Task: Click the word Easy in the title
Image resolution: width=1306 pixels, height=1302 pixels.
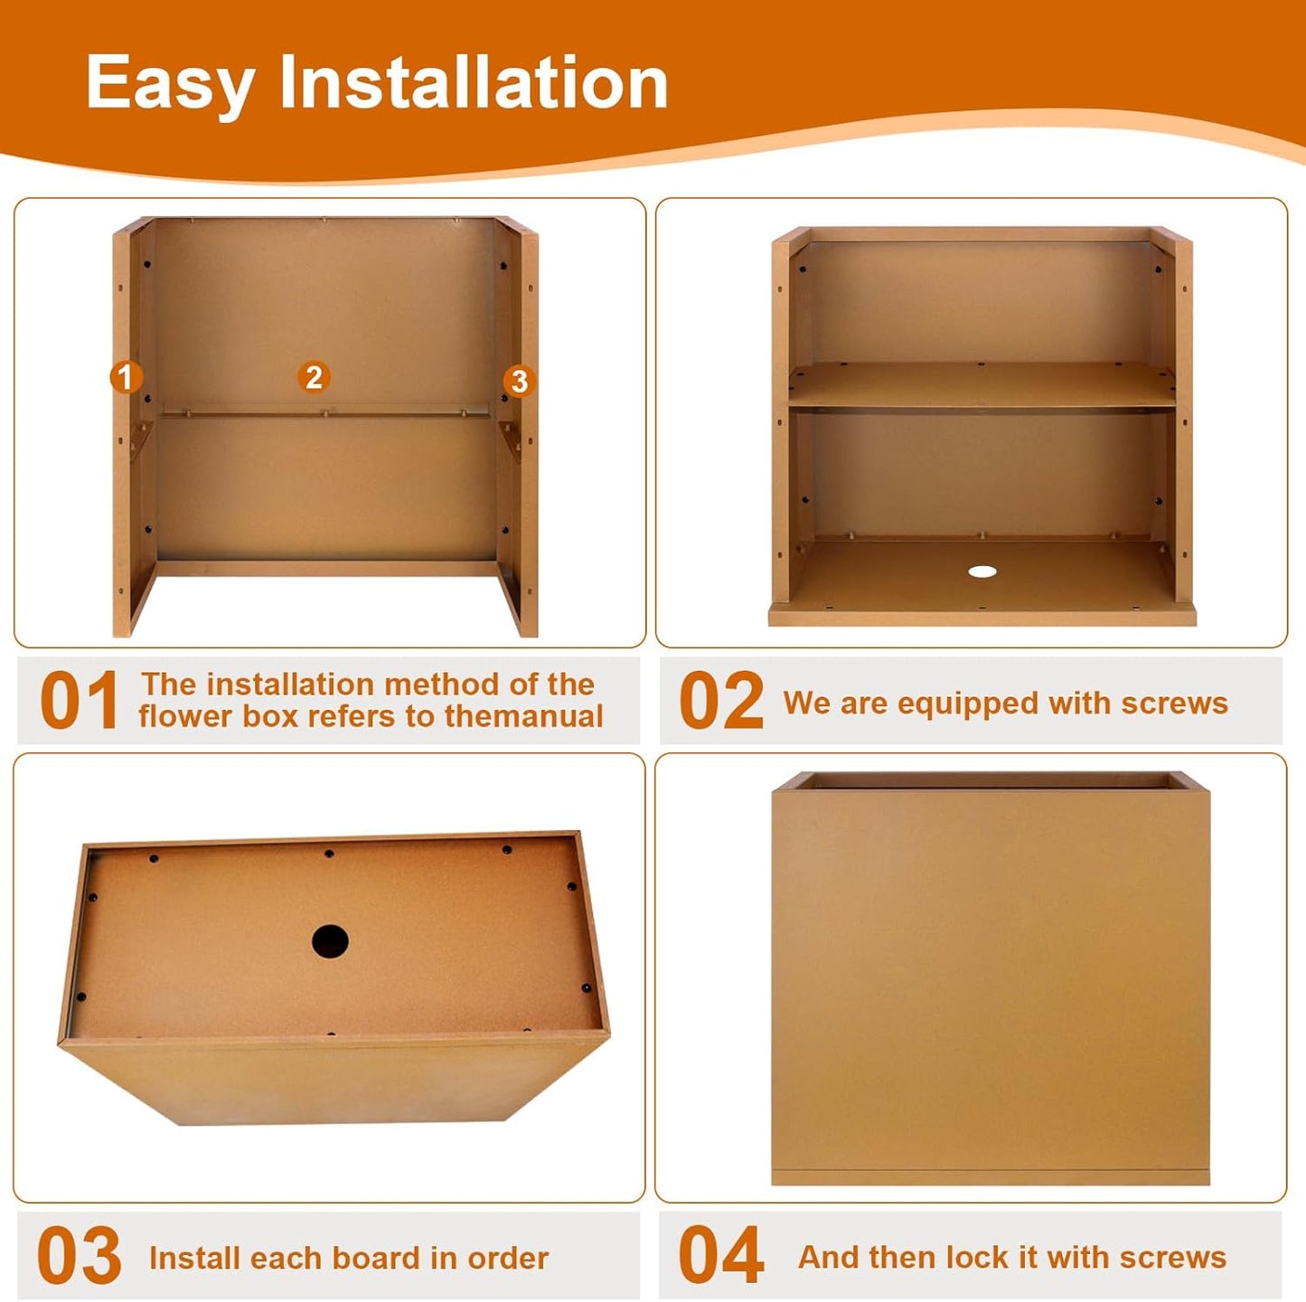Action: [171, 83]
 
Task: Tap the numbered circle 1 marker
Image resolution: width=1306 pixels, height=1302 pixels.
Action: [126, 376]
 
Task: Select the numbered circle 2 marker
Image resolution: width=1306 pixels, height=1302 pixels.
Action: [314, 377]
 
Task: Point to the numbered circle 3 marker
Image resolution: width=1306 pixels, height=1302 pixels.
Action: [520, 381]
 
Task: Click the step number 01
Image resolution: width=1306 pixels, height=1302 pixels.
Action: [80, 700]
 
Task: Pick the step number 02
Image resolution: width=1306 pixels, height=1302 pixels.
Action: [721, 700]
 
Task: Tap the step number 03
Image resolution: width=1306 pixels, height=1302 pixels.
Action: [80, 1255]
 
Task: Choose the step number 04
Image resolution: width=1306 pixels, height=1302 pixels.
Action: [721, 1255]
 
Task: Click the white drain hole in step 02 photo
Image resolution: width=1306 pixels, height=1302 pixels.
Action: [982, 571]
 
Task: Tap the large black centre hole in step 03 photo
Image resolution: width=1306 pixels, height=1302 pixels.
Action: [330, 941]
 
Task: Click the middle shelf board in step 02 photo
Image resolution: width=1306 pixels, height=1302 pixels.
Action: [982, 385]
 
